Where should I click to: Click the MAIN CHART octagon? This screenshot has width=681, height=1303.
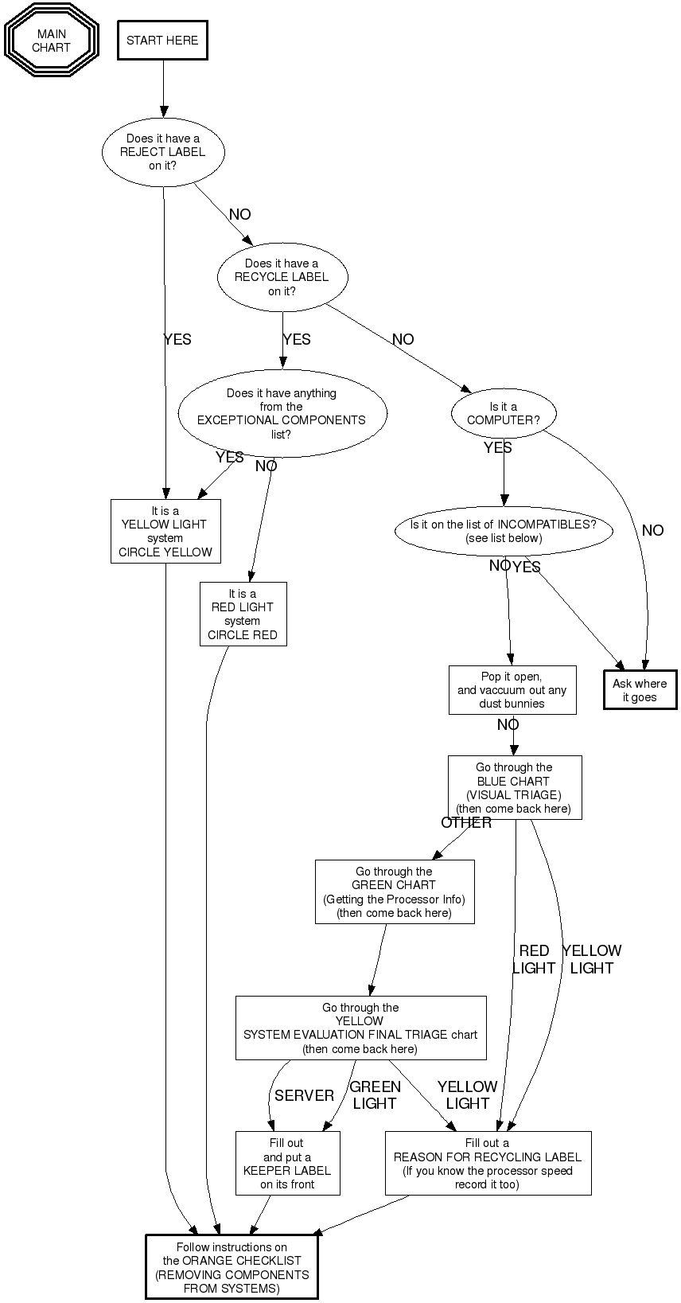tap(52, 41)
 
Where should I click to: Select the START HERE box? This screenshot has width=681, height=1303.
tap(162, 41)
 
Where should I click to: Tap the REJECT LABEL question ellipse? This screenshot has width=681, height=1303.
tap(163, 152)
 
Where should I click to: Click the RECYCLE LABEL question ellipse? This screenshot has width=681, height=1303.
tap(282, 277)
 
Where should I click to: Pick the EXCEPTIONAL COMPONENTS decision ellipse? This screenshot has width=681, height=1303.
tap(282, 414)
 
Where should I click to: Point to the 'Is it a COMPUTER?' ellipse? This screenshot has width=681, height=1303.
tap(503, 413)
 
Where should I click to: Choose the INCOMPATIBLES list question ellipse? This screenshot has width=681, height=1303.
tap(504, 531)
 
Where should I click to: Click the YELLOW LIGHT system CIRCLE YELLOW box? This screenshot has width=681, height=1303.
tap(165, 531)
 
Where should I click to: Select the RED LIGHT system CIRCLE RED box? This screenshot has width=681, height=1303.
tap(243, 614)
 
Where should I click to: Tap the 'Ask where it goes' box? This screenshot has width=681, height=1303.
tap(640, 690)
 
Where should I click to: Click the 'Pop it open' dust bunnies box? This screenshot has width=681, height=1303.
tap(512, 690)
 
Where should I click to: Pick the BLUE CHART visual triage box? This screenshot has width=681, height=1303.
tap(514, 788)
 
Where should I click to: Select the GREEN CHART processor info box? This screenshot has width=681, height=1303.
tap(394, 892)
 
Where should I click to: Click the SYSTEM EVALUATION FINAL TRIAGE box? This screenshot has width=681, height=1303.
tap(360, 1028)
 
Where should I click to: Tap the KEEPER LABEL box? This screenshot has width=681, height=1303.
tap(287, 1163)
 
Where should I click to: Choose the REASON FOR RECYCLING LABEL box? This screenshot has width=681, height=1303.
tap(488, 1163)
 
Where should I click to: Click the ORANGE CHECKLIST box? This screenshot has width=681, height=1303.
tap(232, 1267)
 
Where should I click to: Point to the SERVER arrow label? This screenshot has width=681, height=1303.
tap(304, 1096)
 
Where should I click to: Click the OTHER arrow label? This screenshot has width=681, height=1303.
tap(466, 823)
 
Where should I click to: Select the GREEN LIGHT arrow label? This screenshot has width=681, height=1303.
tap(375, 1095)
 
